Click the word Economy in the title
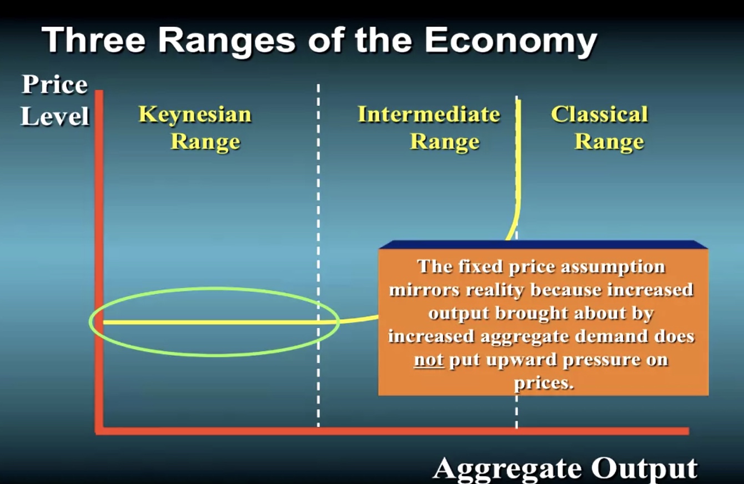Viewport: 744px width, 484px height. tap(511, 41)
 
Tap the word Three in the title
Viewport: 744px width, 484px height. tap(94, 39)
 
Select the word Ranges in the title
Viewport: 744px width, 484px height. tap(227, 41)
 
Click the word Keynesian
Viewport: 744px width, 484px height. tap(195, 115)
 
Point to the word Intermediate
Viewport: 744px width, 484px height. tap(429, 114)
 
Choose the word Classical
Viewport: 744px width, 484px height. tap(600, 114)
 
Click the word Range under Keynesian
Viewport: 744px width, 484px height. tap(205, 142)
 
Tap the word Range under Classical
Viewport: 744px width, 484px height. tap(609, 142)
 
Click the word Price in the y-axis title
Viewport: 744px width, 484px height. tap(55, 84)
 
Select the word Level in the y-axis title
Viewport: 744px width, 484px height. tap(55, 116)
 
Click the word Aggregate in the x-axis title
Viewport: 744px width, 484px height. tap(507, 469)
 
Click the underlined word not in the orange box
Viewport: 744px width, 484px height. tap(429, 360)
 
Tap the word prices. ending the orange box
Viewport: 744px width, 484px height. tap(544, 384)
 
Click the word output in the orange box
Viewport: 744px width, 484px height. tap(459, 314)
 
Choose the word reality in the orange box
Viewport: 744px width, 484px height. tap(495, 290)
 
